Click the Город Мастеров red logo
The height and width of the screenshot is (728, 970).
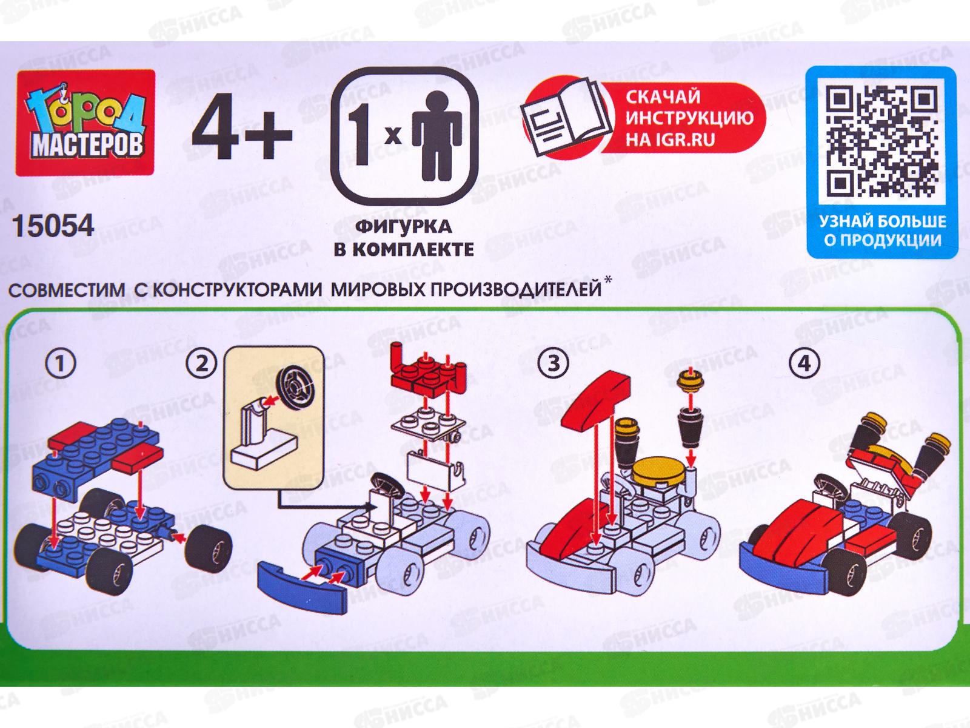click(85, 123)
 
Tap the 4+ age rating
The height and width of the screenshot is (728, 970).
click(242, 131)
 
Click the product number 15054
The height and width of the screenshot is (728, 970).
click(53, 226)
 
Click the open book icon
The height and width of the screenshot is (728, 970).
click(567, 117)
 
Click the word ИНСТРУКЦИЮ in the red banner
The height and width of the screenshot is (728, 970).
click(689, 118)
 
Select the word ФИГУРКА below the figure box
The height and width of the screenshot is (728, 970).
click(404, 227)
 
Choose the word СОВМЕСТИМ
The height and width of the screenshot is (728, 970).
click(67, 291)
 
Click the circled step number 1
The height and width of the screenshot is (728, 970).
click(61, 363)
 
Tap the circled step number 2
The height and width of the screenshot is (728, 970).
click(201, 364)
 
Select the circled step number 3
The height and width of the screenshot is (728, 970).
click(554, 364)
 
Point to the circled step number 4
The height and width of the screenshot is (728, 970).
click(804, 364)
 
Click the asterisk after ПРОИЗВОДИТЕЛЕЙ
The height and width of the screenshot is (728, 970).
click(609, 279)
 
